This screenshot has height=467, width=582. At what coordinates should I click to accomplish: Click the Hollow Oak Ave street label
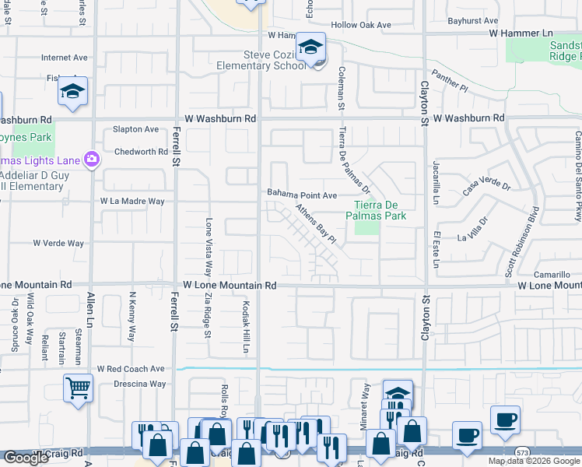click(361, 25)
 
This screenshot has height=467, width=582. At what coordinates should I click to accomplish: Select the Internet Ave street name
click(65, 58)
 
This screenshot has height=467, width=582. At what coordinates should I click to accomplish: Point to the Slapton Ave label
click(135, 129)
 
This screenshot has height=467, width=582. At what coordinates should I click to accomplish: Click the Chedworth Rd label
click(140, 152)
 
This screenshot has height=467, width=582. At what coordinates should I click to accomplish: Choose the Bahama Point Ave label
click(302, 195)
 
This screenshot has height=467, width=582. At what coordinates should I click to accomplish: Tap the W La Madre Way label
click(132, 201)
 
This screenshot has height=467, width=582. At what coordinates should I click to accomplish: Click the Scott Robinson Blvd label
click(521, 241)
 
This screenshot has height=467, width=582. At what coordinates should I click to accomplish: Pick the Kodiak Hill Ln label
click(245, 327)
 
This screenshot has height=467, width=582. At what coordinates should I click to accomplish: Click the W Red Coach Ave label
click(131, 368)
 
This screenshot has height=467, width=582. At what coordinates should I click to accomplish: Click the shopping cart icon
click(79, 387)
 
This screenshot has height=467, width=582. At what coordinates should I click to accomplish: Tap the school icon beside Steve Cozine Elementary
click(310, 49)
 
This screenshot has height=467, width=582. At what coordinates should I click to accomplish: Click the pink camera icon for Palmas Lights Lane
click(92, 160)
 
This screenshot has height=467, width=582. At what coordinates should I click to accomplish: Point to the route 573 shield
click(524, 452)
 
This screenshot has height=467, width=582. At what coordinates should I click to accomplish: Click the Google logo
click(26, 458)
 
